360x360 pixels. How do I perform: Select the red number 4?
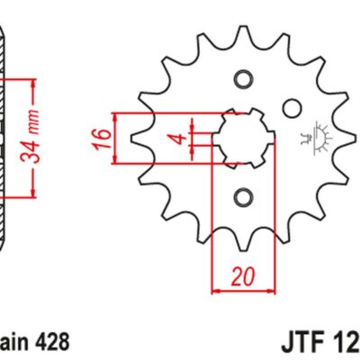pyautogui.click(x=181, y=139)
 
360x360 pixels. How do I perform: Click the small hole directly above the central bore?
pyautogui.click(x=242, y=77)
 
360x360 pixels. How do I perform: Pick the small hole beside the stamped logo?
pyautogui.click(x=291, y=108)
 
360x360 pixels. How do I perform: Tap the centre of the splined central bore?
pyautogui.click(x=242, y=138)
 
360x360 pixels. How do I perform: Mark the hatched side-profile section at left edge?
pyautogui.click(x=4, y=135)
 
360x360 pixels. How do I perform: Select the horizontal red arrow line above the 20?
pyautogui.click(x=240, y=291)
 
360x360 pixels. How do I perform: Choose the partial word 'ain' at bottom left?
pyautogui.click(x=13, y=342)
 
